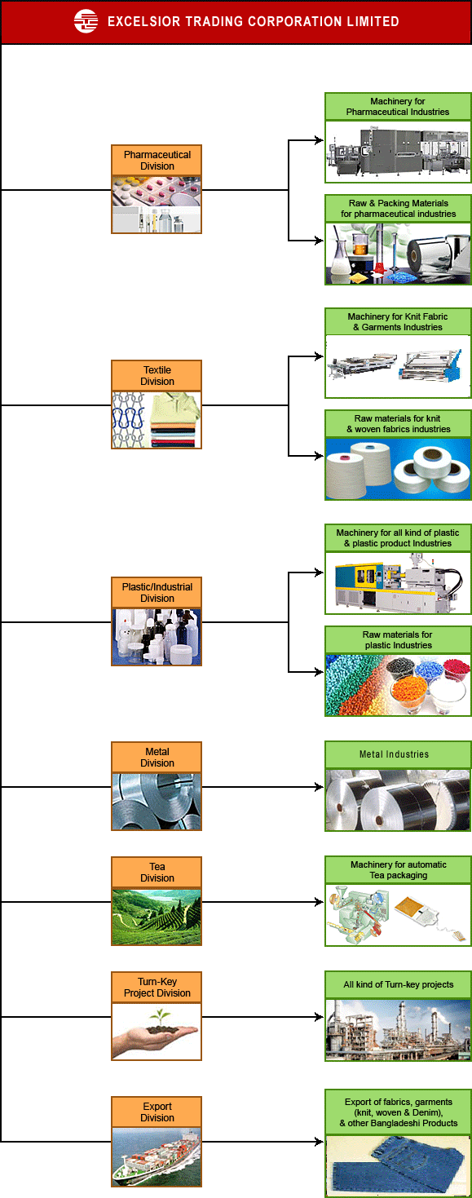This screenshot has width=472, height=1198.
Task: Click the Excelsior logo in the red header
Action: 86,21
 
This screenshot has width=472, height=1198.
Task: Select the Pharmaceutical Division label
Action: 157,161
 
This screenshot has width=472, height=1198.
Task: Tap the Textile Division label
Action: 157,375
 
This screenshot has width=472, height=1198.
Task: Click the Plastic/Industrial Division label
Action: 157,593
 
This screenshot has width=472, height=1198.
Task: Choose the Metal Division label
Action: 157,758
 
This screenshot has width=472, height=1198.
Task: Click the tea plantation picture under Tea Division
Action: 157,917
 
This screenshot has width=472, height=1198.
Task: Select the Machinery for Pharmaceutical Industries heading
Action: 398,107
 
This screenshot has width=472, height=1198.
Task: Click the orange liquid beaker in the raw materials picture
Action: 360,244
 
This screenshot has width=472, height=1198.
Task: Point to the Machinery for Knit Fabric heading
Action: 398,322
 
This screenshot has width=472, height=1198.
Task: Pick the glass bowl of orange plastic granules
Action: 410,695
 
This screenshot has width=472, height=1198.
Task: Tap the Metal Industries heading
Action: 394,754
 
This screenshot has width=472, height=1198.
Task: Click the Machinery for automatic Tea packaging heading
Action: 399,869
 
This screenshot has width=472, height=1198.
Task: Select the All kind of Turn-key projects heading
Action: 399,984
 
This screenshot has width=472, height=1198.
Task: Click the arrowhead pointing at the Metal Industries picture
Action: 319,787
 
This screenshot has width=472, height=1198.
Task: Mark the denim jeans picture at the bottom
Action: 399,1167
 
